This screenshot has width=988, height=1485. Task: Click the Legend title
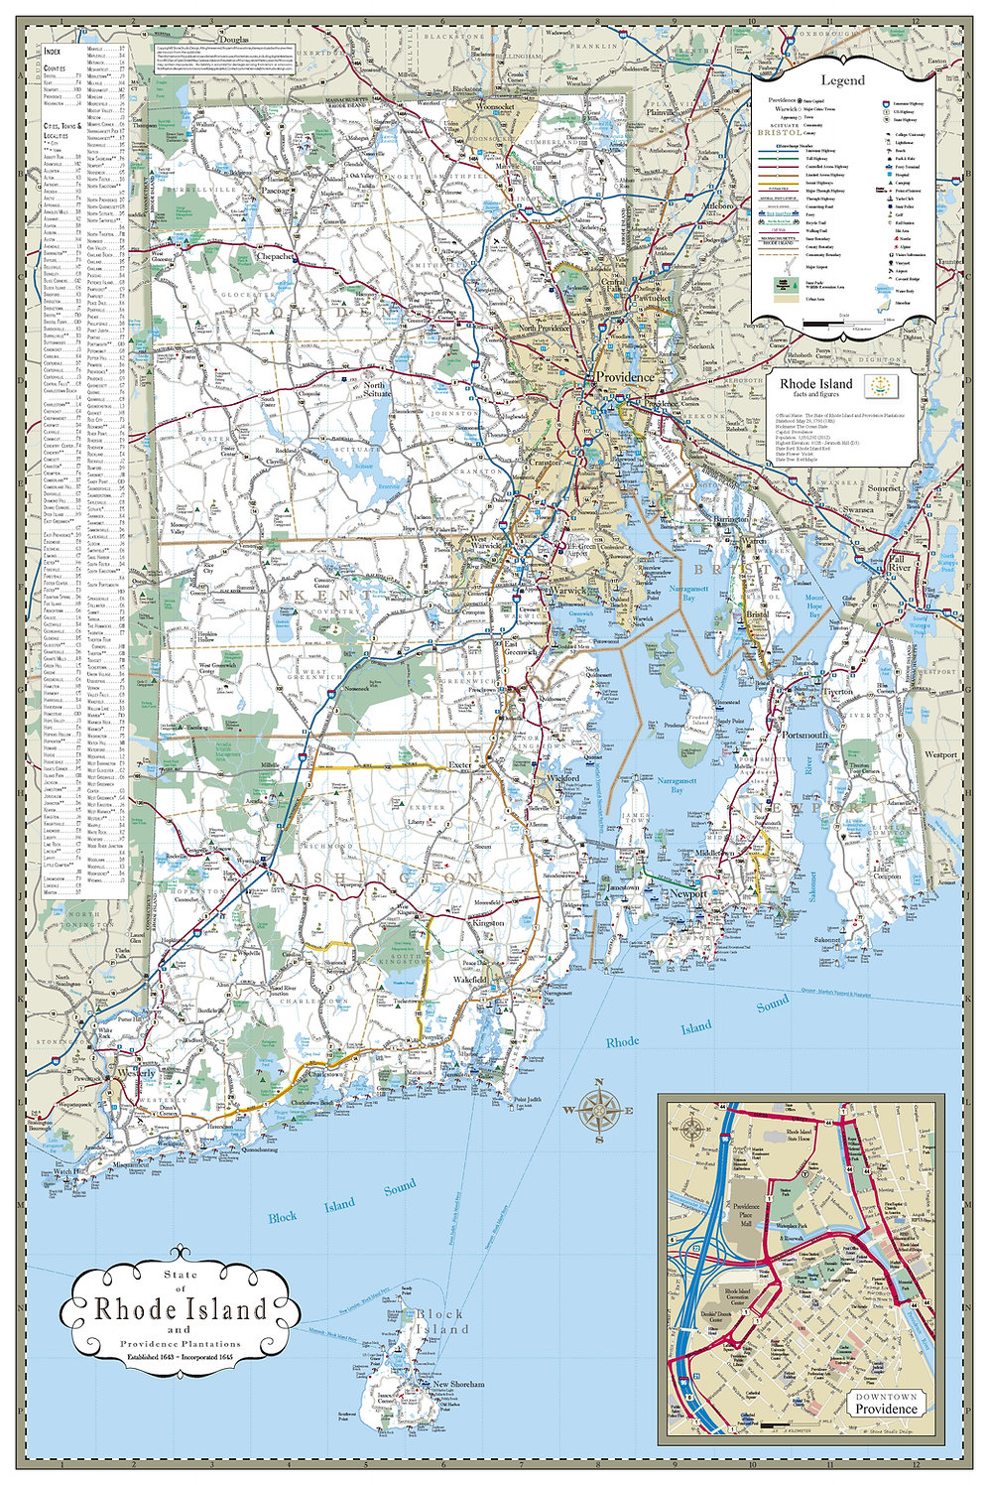click(841, 80)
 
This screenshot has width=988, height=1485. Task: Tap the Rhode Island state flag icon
click(878, 384)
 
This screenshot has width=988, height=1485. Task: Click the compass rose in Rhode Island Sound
click(600, 1109)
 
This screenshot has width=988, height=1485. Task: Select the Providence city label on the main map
click(624, 377)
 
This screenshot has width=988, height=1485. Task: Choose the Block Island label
click(440, 1321)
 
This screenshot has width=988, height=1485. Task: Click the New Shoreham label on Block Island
click(458, 1384)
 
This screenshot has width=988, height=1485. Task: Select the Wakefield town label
click(470, 980)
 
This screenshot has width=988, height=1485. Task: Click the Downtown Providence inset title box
click(887, 1404)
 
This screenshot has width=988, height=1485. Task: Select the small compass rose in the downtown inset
click(691, 1128)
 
